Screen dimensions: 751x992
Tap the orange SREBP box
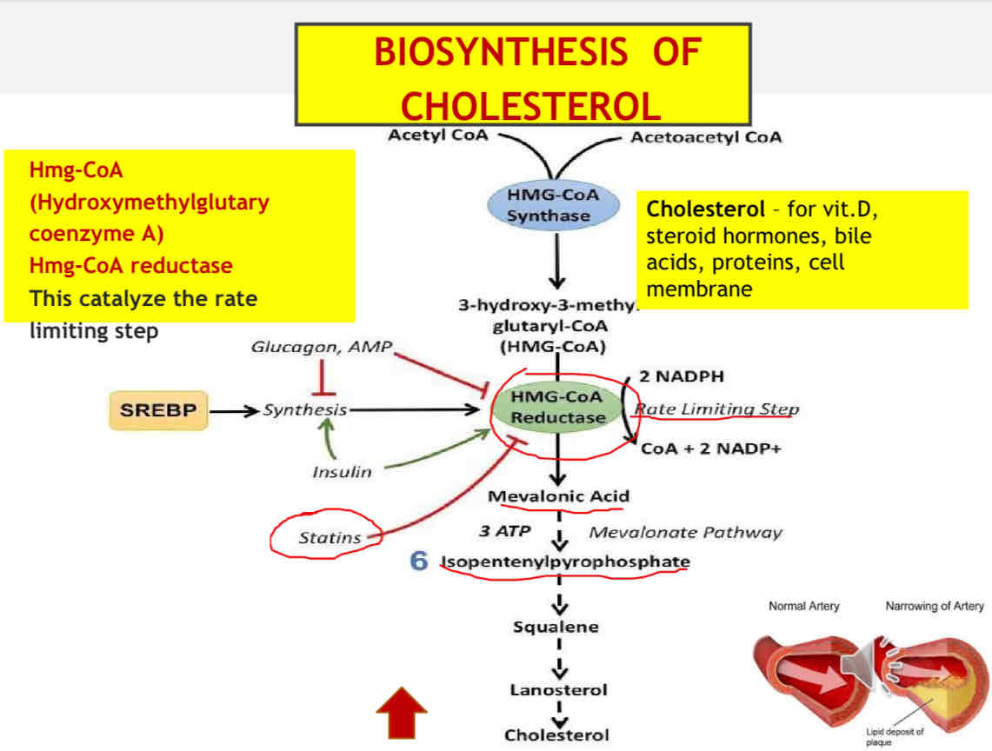pyautogui.click(x=158, y=410)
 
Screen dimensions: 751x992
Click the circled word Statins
pyautogui.click(x=330, y=538)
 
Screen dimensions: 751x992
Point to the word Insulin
pyautogui.click(x=342, y=472)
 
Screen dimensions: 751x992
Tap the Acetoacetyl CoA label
pyautogui.click(x=706, y=137)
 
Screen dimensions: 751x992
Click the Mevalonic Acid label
pyautogui.click(x=558, y=497)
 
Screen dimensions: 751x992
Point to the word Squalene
pyautogui.click(x=556, y=627)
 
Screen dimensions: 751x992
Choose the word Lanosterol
pyautogui.click(x=558, y=690)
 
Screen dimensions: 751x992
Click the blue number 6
pyautogui.click(x=419, y=562)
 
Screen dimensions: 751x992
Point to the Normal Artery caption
pyautogui.click(x=804, y=606)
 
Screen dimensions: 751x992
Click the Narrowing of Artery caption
pyautogui.click(x=934, y=606)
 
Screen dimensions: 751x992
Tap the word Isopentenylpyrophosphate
pyautogui.click(x=565, y=562)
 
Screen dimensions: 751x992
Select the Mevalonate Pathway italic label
pyautogui.click(x=685, y=532)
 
